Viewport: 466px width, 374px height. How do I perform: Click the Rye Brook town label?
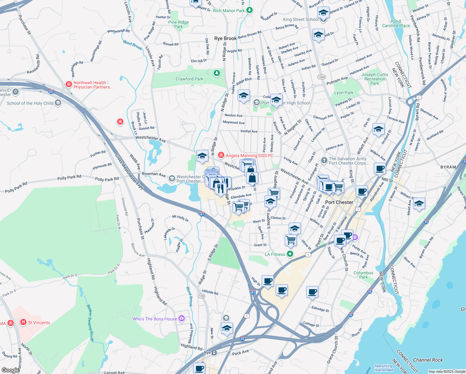tap(225, 38)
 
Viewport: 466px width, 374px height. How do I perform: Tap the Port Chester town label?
tap(339, 202)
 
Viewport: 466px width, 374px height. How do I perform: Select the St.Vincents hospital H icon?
tap(23, 322)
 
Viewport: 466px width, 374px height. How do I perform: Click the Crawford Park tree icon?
tap(216, 73)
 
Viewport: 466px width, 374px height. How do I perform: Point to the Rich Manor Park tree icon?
tap(249, 10)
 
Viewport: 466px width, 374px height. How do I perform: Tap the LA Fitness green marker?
tap(290, 254)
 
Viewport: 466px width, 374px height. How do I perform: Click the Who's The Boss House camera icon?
tap(182, 319)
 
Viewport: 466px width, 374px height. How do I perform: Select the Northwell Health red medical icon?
tap(69, 84)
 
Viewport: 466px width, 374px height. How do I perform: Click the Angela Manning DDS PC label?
tap(249, 156)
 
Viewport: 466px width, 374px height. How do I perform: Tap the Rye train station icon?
tap(214, 353)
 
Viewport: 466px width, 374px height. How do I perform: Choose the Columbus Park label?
tap(363, 275)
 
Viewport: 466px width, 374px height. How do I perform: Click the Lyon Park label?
tap(344, 93)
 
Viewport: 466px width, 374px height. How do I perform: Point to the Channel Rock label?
tap(428, 360)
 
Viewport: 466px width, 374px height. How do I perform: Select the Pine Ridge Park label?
tap(178, 24)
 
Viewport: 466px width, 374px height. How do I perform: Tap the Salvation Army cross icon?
tap(324, 160)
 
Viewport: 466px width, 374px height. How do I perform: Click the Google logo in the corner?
tap(10, 370)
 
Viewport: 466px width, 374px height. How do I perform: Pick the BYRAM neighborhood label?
tap(448, 167)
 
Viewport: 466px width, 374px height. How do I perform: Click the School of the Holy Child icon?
tap(58, 103)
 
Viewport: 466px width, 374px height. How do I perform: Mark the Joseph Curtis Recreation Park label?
tap(375, 79)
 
